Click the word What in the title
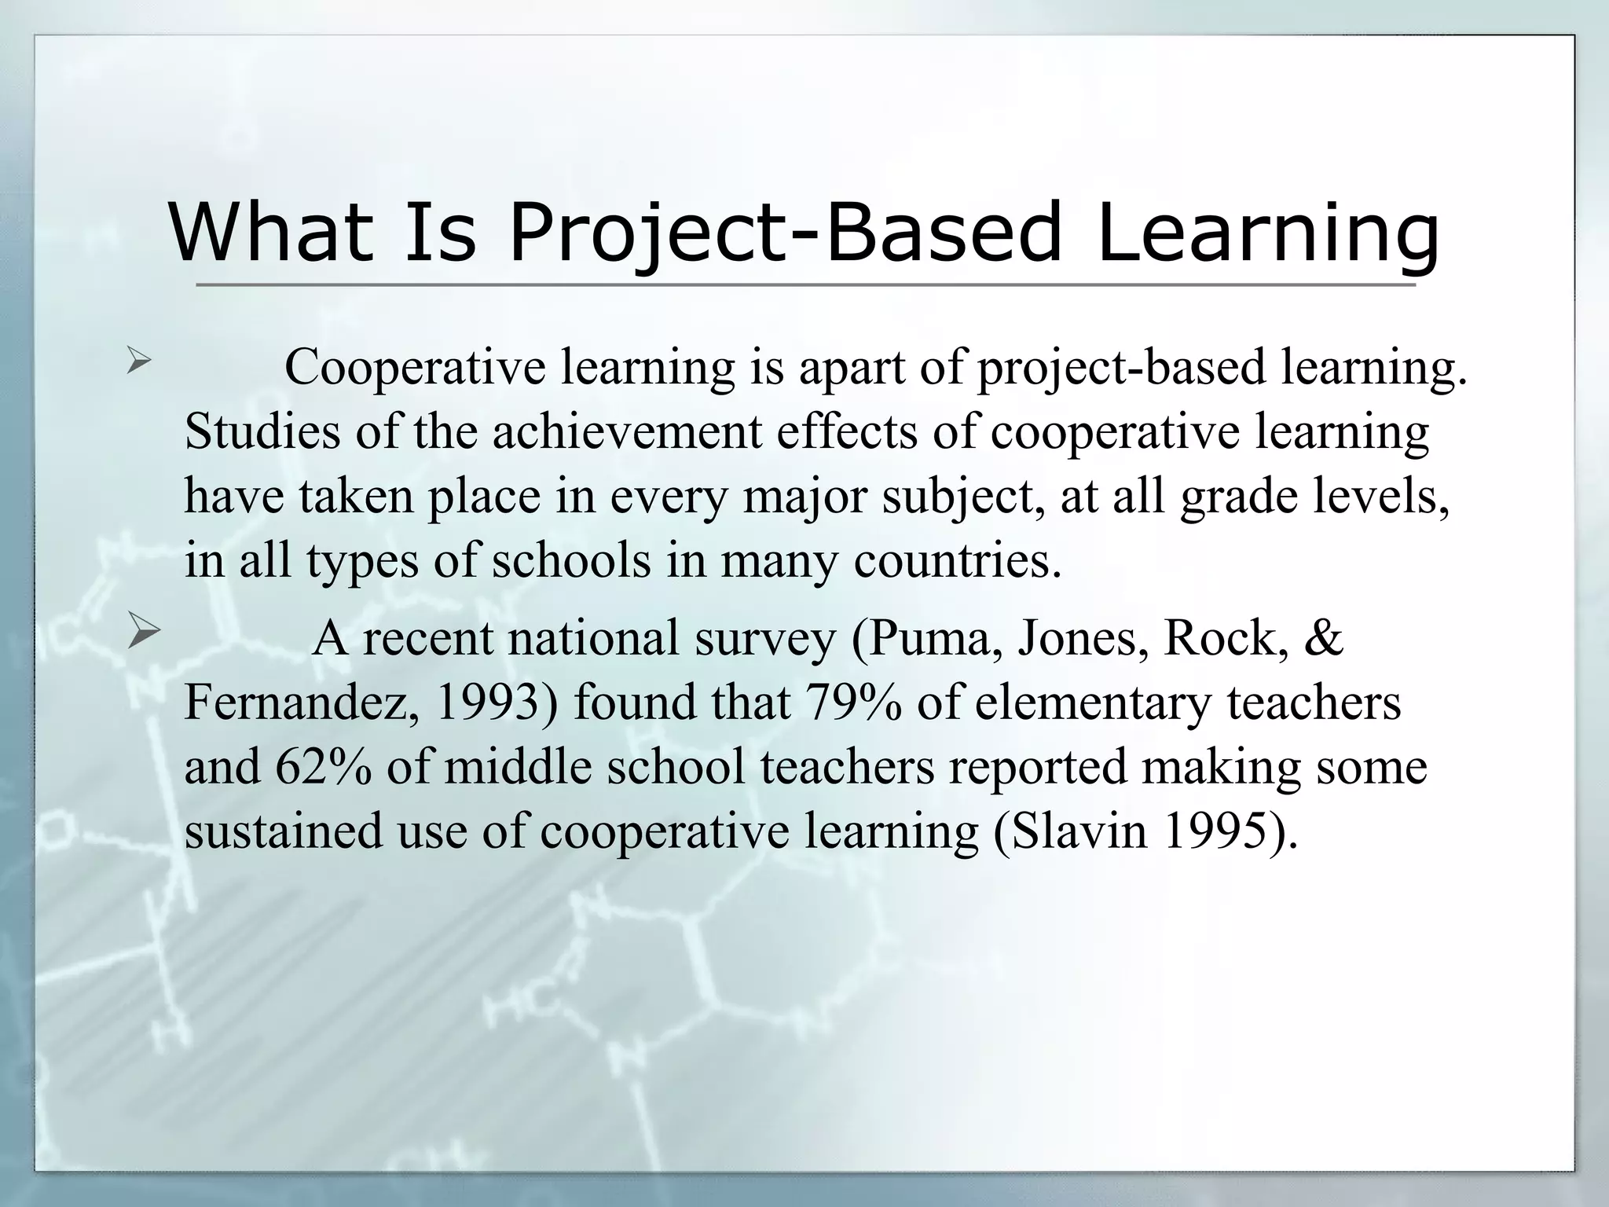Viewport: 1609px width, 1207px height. point(271,233)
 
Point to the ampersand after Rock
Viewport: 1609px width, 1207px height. point(1323,637)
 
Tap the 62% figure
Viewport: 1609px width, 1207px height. point(323,767)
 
